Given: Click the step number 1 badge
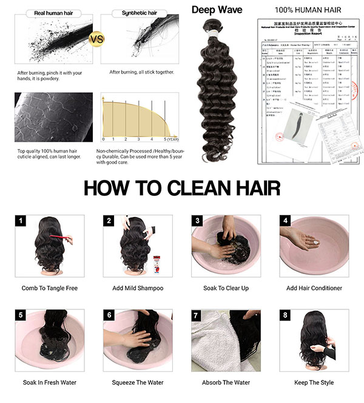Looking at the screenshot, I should tap(22, 221).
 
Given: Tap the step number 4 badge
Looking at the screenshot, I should tap(285, 221).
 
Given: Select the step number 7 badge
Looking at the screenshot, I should tap(197, 315).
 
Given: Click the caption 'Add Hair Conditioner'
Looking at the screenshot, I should tap(314, 288).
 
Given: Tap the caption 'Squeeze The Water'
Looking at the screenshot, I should tap(137, 383).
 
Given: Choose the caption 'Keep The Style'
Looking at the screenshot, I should tap(314, 383).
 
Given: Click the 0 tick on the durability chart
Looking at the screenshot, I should tap(104, 140).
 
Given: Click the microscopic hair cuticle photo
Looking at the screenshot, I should tap(54, 117).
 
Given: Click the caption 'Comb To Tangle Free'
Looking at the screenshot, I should tap(50, 288).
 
